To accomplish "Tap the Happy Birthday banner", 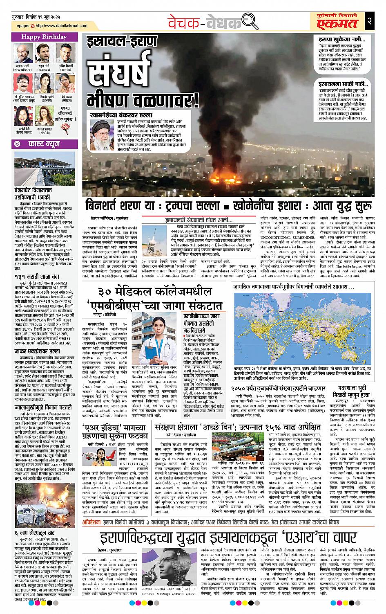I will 39,37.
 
